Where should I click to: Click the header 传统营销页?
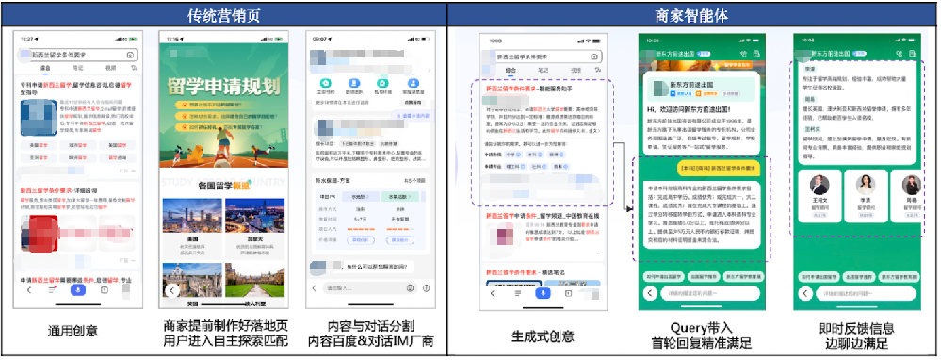(x=223, y=15)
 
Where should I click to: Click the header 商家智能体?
(x=692, y=15)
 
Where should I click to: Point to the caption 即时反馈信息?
(x=855, y=326)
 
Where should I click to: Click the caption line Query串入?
(x=698, y=326)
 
